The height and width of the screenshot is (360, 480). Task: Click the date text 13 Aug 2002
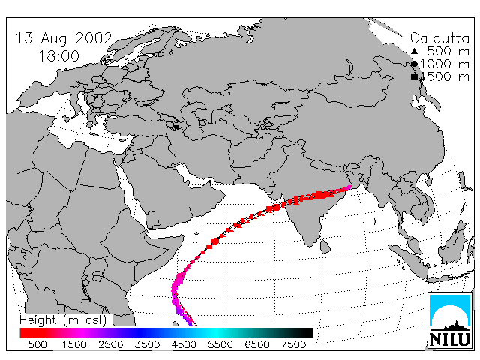pos(64,38)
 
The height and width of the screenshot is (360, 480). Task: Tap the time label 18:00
pos(58,56)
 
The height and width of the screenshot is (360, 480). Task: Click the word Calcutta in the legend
pos(439,38)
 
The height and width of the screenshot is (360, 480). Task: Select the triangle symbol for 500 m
pos(414,52)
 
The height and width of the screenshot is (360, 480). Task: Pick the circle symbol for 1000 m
pos(414,64)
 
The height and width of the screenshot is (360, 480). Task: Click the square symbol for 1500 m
pos(414,76)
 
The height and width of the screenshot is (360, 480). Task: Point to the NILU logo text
pos(450,339)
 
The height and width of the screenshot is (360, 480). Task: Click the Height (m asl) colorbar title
pos(63,320)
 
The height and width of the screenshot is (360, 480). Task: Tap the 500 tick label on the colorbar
pos(37,344)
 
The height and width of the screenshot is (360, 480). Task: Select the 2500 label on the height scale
pos(110,344)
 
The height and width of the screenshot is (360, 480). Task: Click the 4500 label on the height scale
pos(184,344)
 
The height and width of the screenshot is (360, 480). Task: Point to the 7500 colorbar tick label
pos(293,344)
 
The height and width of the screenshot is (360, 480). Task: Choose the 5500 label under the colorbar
pos(220,344)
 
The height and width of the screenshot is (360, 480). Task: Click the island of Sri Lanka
pos(325,247)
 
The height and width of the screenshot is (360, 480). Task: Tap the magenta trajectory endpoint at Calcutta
pos(349,187)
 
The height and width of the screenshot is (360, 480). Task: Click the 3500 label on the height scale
pos(147,344)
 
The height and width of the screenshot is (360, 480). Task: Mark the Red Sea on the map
pos(130,193)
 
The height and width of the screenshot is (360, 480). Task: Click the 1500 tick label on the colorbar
pos(74,344)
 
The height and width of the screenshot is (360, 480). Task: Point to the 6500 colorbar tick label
pos(257,344)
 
